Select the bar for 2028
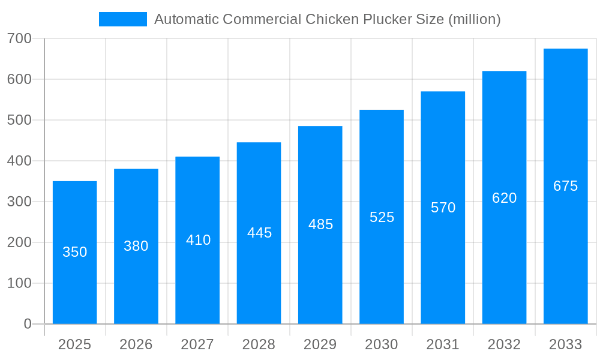(259, 276)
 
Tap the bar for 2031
(443, 264)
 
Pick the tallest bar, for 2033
(565, 252)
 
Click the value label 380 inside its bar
(136, 246)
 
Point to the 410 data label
(198, 240)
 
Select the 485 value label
(320, 224)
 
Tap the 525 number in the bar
(382, 217)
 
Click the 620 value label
(504, 198)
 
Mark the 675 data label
(565, 186)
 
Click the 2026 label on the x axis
(136, 344)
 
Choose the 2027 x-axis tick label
(197, 344)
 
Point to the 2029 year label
(320, 344)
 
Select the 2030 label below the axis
(382, 344)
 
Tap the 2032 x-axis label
(504, 344)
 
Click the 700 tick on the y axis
(19, 38)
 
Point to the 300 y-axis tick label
(19, 202)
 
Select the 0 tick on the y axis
(28, 324)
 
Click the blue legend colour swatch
(123, 19)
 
